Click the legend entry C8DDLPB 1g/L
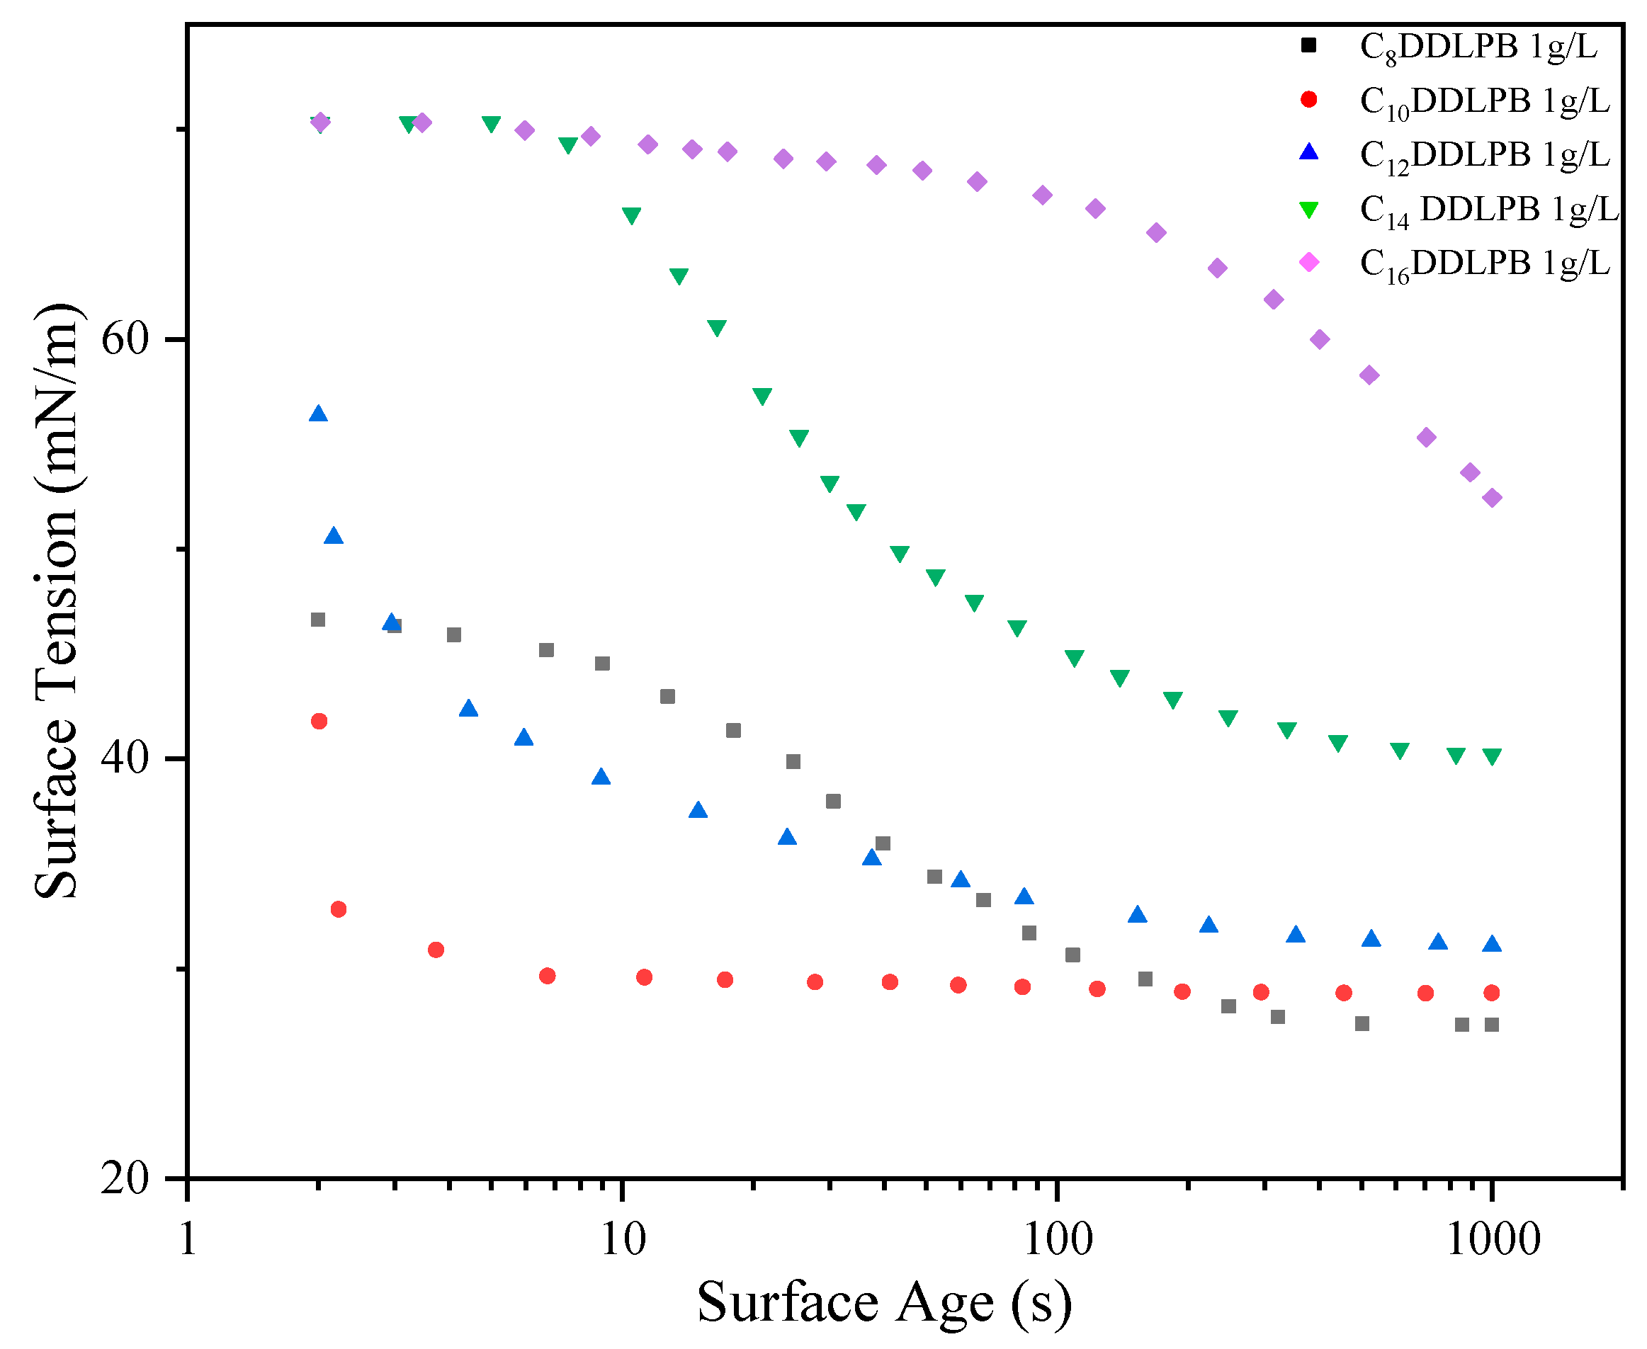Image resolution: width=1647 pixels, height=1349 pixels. tap(1478, 47)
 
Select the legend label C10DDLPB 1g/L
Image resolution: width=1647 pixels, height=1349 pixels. tap(1484, 101)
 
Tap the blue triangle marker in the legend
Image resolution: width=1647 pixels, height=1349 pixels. tap(1309, 152)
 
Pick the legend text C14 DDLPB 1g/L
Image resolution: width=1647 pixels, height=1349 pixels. tap(1488, 209)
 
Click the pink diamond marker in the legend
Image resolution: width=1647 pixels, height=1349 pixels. tap(1309, 263)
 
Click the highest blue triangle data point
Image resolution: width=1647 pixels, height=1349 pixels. tap(318, 414)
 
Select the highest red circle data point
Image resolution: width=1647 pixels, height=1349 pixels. tap(319, 721)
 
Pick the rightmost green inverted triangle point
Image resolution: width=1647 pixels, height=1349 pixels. tap(1490, 756)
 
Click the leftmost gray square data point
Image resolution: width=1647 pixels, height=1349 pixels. tap(318, 620)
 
